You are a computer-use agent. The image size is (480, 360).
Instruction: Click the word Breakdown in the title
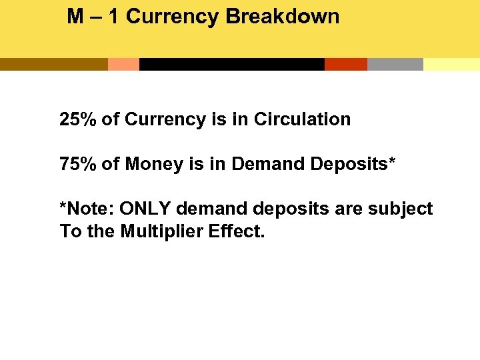(283, 17)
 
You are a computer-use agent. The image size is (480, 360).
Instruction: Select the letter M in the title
(75, 17)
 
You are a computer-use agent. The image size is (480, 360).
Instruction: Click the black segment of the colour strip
(231, 65)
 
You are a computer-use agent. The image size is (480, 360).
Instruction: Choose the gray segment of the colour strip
(395, 65)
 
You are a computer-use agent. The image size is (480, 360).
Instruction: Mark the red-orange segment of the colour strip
(346, 65)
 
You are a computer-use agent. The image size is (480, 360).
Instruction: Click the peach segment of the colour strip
(123, 65)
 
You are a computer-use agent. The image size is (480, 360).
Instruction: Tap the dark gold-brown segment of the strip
(53, 65)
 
